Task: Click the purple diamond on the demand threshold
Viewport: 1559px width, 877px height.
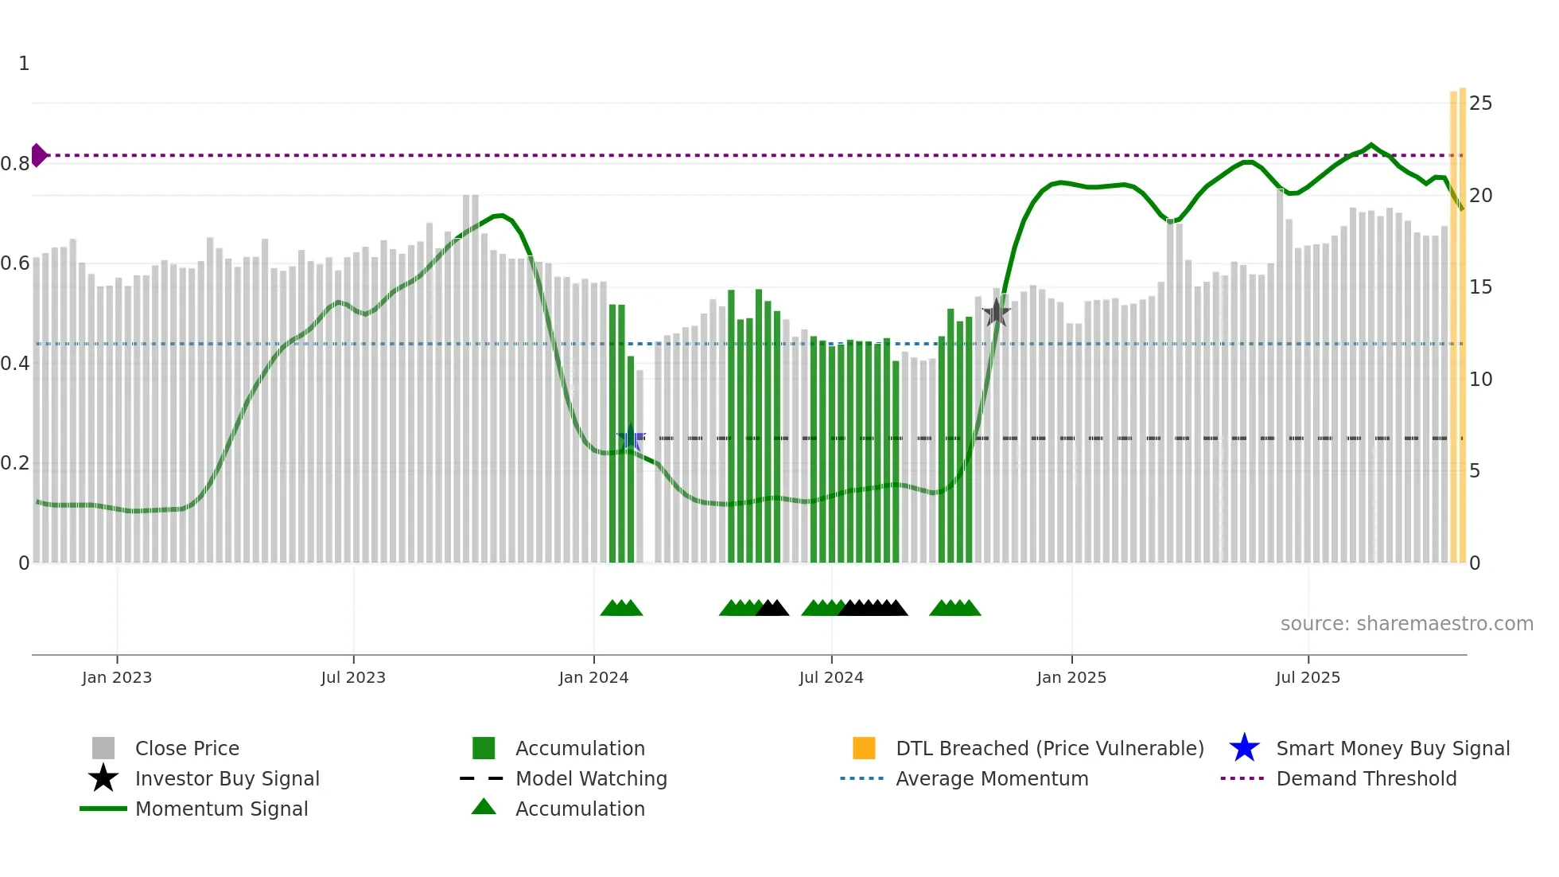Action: tap(38, 155)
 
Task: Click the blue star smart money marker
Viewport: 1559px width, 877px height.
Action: tap(631, 438)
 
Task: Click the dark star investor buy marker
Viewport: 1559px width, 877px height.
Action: tap(996, 313)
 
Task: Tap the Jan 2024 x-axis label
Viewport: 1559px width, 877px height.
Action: tap(593, 677)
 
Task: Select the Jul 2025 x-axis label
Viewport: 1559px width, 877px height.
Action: tap(1308, 677)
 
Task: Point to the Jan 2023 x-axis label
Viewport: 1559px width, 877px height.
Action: tap(117, 677)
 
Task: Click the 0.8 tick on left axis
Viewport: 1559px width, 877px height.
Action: tap(15, 164)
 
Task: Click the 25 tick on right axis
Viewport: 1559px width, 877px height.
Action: tap(1480, 103)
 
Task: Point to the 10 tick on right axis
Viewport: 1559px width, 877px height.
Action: tap(1480, 380)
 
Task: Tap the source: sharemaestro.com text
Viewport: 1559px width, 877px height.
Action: tap(1406, 624)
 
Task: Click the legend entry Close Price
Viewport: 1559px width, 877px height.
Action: tap(187, 748)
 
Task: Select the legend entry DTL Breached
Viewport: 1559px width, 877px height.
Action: tap(1049, 748)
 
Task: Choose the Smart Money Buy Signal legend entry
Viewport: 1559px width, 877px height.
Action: tap(1392, 748)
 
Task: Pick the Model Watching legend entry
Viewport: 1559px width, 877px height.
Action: tap(591, 778)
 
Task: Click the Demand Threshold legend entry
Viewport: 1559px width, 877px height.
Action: tap(1366, 778)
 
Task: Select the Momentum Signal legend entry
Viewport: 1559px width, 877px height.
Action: tap(221, 809)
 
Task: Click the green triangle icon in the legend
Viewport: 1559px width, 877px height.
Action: tap(484, 807)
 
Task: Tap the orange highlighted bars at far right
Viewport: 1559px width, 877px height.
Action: tap(1458, 318)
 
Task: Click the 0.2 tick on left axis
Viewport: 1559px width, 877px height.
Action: tap(15, 463)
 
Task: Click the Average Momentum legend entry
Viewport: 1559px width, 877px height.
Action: tap(991, 778)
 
